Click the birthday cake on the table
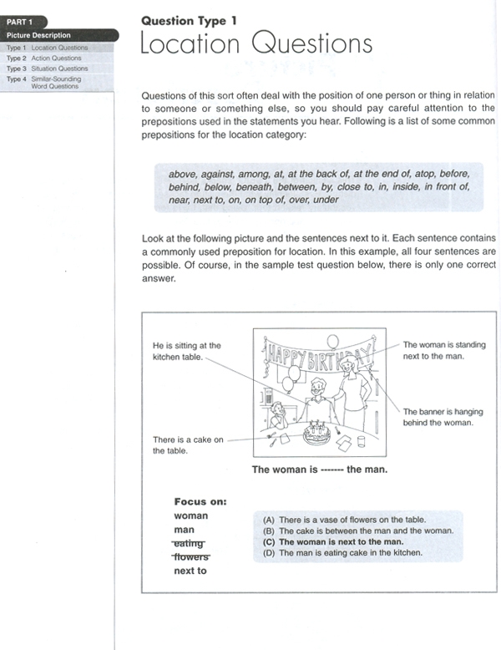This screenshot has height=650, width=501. pos(317,433)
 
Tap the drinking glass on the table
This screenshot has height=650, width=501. pos(361,441)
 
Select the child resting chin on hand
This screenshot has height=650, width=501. pos(278,415)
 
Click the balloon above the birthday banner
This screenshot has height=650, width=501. pos(332,342)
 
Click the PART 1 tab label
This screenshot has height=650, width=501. pos(19,22)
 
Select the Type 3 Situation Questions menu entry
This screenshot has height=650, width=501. pos(48,69)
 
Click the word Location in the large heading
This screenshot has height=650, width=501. pos(190,43)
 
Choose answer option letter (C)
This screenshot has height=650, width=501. pos(269,541)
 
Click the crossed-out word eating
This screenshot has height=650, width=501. pos(189,543)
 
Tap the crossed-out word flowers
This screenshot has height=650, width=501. pos(191,556)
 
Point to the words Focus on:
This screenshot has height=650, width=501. pos(200,501)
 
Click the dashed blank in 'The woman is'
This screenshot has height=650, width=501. pos(332,470)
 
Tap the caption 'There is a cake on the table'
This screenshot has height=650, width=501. pos(188,444)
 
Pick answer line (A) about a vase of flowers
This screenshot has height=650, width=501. pos(344,520)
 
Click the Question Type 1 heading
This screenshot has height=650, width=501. pos(189,21)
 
